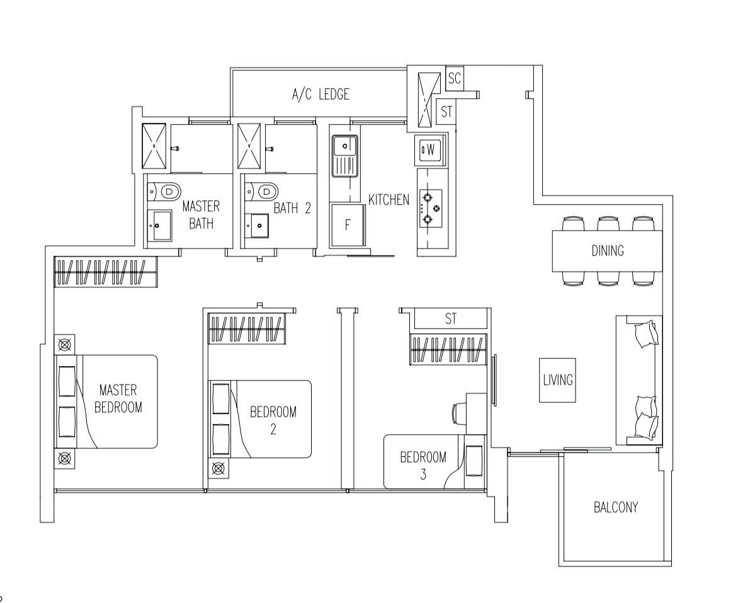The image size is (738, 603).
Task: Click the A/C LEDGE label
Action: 321,95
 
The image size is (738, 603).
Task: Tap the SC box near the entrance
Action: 454,78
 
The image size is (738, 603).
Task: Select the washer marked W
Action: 429,150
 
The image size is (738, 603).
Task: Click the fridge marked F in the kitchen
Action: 348,225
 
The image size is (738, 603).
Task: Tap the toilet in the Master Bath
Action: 164,192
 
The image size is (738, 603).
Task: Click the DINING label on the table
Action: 608,250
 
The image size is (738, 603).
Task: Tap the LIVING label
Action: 558,380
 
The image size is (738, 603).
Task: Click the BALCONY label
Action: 616,507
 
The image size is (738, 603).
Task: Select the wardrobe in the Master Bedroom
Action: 106,272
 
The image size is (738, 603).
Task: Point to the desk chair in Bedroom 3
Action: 458,413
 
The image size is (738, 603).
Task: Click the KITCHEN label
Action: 389,200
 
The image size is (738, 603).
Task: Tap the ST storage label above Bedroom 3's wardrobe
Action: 450,319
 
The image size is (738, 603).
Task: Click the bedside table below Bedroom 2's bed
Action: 219,469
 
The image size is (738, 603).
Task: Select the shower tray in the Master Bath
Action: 154,146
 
